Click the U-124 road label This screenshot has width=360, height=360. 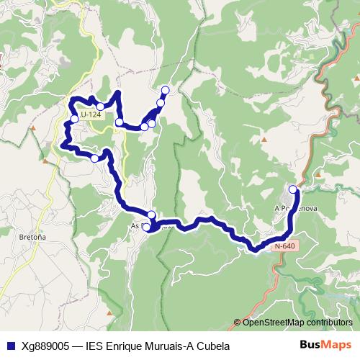pos(91,114)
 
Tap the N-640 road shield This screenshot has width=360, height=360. pos(285,246)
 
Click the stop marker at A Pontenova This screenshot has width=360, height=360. pos(293,189)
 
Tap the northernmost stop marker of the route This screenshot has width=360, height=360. pos(166,90)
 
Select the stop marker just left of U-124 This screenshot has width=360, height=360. pos(74,119)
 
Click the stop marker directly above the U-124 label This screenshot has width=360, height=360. pos(100,107)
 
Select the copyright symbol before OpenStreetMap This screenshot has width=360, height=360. pos(238,323)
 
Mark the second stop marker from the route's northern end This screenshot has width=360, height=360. pos(161,103)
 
